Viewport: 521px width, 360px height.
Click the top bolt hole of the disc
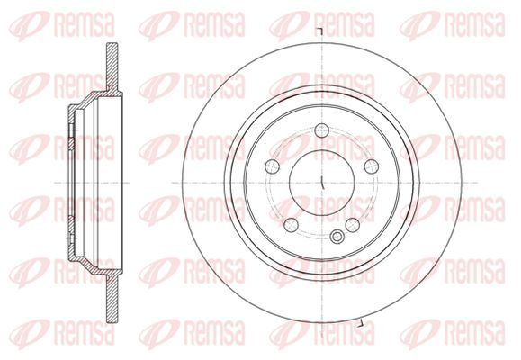tap(321, 130)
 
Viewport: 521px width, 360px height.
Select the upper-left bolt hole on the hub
tap(273, 166)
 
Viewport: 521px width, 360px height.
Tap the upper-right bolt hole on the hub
tap(372, 166)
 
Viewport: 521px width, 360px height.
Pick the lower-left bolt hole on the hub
tap(292, 225)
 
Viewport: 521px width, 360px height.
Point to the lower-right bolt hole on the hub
tap(353, 225)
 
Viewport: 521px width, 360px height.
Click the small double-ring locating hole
tap(337, 237)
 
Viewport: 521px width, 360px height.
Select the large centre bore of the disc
tap(322, 183)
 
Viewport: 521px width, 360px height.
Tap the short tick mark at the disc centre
tap(322, 184)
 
